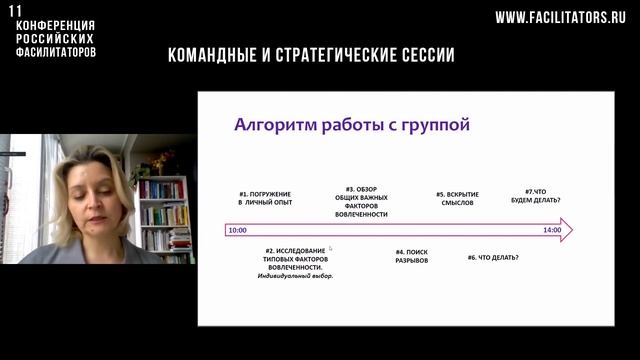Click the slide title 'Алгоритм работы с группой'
[351, 125]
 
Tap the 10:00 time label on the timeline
[237, 230]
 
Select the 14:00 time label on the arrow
[552, 230]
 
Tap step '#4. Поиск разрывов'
[411, 255]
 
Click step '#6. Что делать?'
[492, 258]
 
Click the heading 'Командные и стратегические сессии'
[311, 55]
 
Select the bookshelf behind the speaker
[164, 215]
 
